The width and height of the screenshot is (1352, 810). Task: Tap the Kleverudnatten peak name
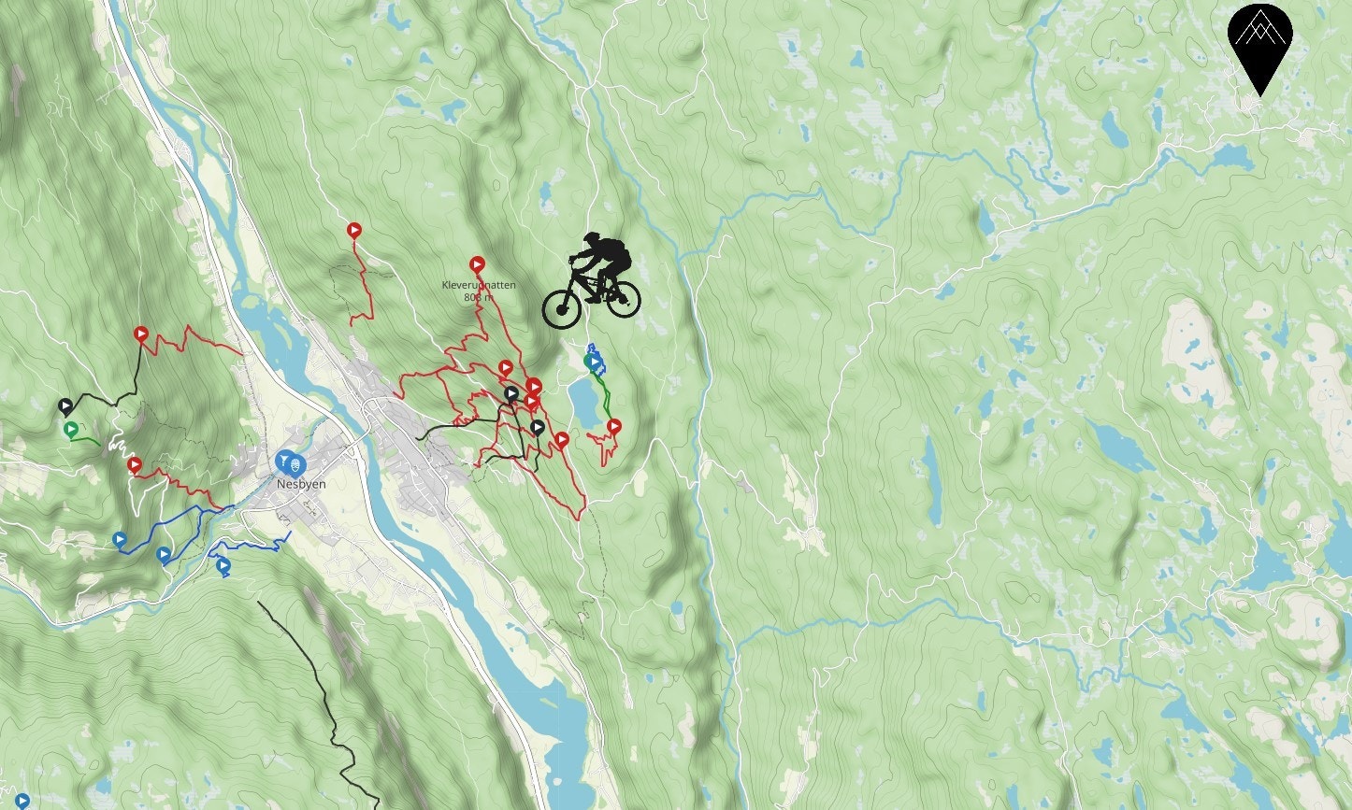pyautogui.click(x=479, y=286)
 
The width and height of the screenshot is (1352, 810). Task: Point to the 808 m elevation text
pyautogui.click(x=478, y=297)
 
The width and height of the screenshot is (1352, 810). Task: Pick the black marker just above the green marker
pyautogui.click(x=65, y=406)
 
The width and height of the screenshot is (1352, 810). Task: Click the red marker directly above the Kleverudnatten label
pyautogui.click(x=477, y=264)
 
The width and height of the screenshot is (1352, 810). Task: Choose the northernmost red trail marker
pyautogui.click(x=354, y=230)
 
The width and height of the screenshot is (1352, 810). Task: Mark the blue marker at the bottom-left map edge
pyautogui.click(x=22, y=801)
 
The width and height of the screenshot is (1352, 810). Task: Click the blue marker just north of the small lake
pyautogui.click(x=593, y=361)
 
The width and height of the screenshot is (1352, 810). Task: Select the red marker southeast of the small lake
pyautogui.click(x=614, y=427)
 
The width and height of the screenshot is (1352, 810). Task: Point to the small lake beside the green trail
pyautogui.click(x=585, y=403)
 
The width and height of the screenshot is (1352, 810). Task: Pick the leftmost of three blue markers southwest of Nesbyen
pyautogui.click(x=120, y=539)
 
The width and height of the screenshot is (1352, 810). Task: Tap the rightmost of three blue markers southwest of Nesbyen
pyautogui.click(x=223, y=565)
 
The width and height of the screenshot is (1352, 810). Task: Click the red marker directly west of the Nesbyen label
pyautogui.click(x=135, y=464)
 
